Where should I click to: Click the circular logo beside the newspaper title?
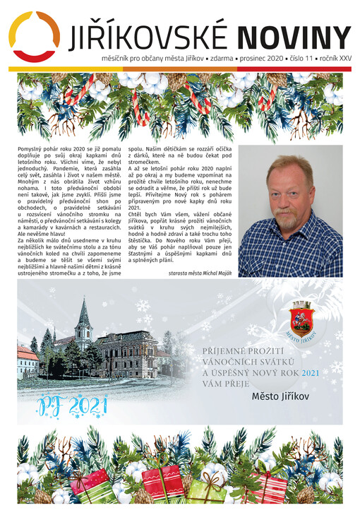pos(33,36)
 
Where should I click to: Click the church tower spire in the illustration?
pos(83,311)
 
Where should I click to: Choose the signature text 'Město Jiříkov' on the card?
pos(280,397)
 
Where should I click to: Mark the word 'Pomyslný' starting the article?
pos(30,150)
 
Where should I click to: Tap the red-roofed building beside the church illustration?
pos(27,360)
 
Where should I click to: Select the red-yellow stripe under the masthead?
pos(179,69)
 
